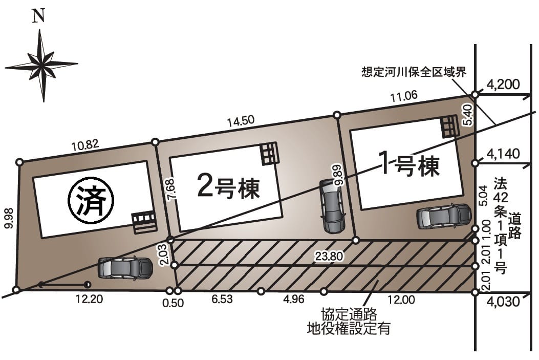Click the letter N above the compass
tap(39, 16)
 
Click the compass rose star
tap(42, 65)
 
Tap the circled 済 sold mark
tap(91, 201)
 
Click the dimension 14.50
tap(241, 121)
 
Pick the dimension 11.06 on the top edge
tap(403, 96)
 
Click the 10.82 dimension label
tap(85, 145)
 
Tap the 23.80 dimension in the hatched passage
tap(329, 256)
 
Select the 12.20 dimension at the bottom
tap(89, 300)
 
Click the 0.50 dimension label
tap(173, 303)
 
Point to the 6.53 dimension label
tap(222, 299)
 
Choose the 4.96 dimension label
tap(294, 299)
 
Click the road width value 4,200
tap(504, 84)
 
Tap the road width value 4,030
tap(504, 302)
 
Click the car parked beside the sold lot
tap(125, 267)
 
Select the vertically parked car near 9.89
tap(331, 206)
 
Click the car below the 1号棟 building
tap(444, 216)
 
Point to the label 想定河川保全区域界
tap(414, 72)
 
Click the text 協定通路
tap(349, 314)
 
